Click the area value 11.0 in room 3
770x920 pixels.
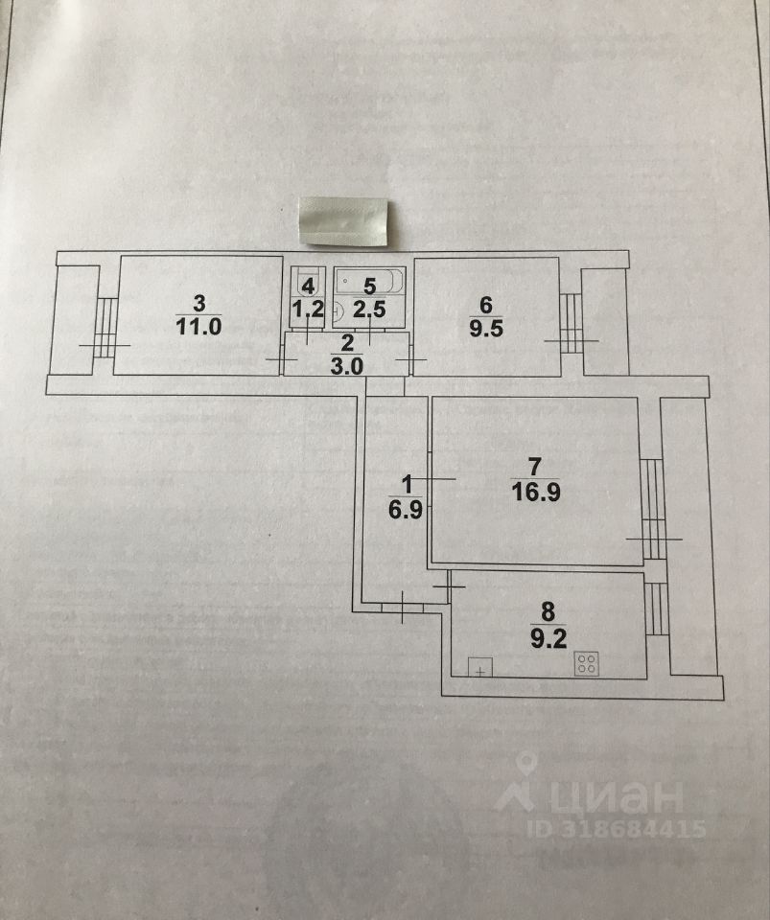coord(199,325)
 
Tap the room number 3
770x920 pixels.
coord(199,304)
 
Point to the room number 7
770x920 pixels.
coord(535,468)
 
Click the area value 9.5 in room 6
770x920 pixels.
coord(485,326)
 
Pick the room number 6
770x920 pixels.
coord(485,305)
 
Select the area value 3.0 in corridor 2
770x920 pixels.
coord(347,362)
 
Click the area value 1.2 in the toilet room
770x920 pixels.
coord(307,309)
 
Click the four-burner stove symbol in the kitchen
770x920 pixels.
coord(587,663)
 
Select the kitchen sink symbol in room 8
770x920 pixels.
coord(479,667)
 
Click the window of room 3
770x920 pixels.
coord(105,328)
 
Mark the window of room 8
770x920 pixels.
coord(656,608)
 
